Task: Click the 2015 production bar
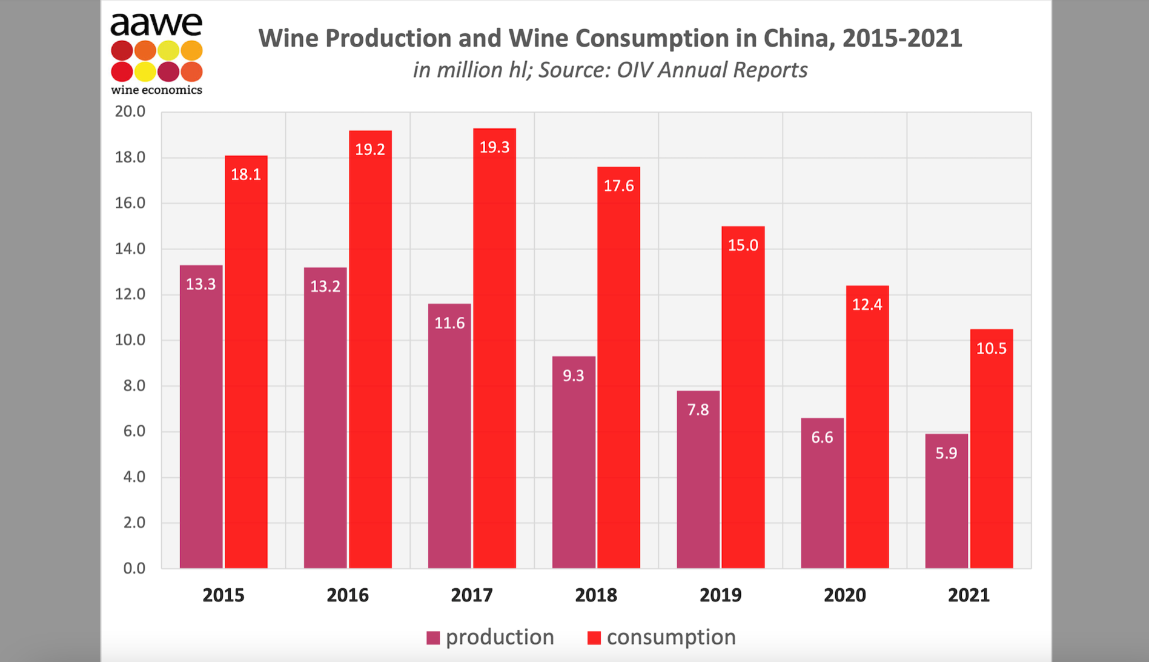coord(201,418)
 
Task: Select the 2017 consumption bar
coord(494,351)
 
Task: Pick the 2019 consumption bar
coord(743,400)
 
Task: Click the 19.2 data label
coord(370,150)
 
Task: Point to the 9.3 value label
coord(573,376)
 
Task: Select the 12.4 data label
coord(867,305)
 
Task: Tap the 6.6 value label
coord(822,438)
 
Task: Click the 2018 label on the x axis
coord(596,595)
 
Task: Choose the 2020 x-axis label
coord(844,595)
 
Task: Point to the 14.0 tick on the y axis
coord(130,249)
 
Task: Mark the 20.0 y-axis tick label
coord(130,111)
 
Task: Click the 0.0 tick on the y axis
coord(134,568)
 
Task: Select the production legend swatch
coord(433,638)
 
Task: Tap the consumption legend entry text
coord(671,637)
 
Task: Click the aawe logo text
coord(156,24)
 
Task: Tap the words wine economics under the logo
coord(156,90)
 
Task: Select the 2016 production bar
coord(325,418)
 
